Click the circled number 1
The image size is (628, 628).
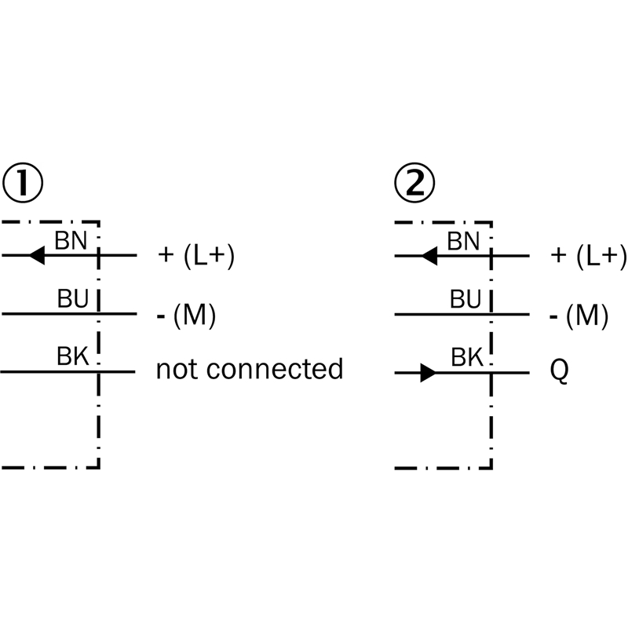[x=22, y=182]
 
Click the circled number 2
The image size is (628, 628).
[x=414, y=182]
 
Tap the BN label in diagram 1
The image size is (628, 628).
[x=71, y=240]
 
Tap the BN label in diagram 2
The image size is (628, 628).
[x=463, y=240]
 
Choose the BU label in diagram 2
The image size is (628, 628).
[x=466, y=299]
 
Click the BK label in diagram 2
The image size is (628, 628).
[x=466, y=357]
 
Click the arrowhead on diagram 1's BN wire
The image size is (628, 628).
[x=35, y=255]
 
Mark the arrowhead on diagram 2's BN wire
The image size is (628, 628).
[x=429, y=255]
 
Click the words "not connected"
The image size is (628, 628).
[x=250, y=368]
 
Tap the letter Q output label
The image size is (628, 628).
[x=559, y=370]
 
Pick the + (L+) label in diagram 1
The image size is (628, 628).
[x=196, y=256]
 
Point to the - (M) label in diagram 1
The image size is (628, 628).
[x=187, y=315]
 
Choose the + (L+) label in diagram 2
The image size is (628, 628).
[x=589, y=256]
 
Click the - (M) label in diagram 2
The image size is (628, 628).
[x=579, y=315]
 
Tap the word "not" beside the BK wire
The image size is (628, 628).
[x=175, y=368]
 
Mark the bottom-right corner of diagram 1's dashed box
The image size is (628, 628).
[x=99, y=468]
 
